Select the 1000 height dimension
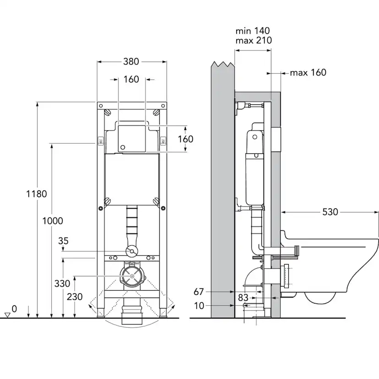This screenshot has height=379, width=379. click(52, 221)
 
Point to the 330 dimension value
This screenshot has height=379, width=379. click(62, 283)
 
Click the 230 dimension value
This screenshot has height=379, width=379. click(75, 297)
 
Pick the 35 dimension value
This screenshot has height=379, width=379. click(63, 241)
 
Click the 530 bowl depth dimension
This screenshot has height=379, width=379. click(330, 212)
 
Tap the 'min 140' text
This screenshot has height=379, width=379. click(253, 31)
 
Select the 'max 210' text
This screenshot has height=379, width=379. click(254, 40)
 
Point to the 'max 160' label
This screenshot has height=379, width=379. click(308, 72)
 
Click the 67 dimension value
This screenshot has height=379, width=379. click(198, 291)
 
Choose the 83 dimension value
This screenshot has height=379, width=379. click(243, 298)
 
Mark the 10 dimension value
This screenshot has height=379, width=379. click(199, 305)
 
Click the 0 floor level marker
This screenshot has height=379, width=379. click(14, 309)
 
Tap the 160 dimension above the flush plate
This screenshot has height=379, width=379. click(131, 79)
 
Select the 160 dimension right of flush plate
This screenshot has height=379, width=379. click(185, 139)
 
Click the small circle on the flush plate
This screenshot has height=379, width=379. click(122, 147)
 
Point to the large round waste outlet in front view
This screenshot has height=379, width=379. click(131, 277)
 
